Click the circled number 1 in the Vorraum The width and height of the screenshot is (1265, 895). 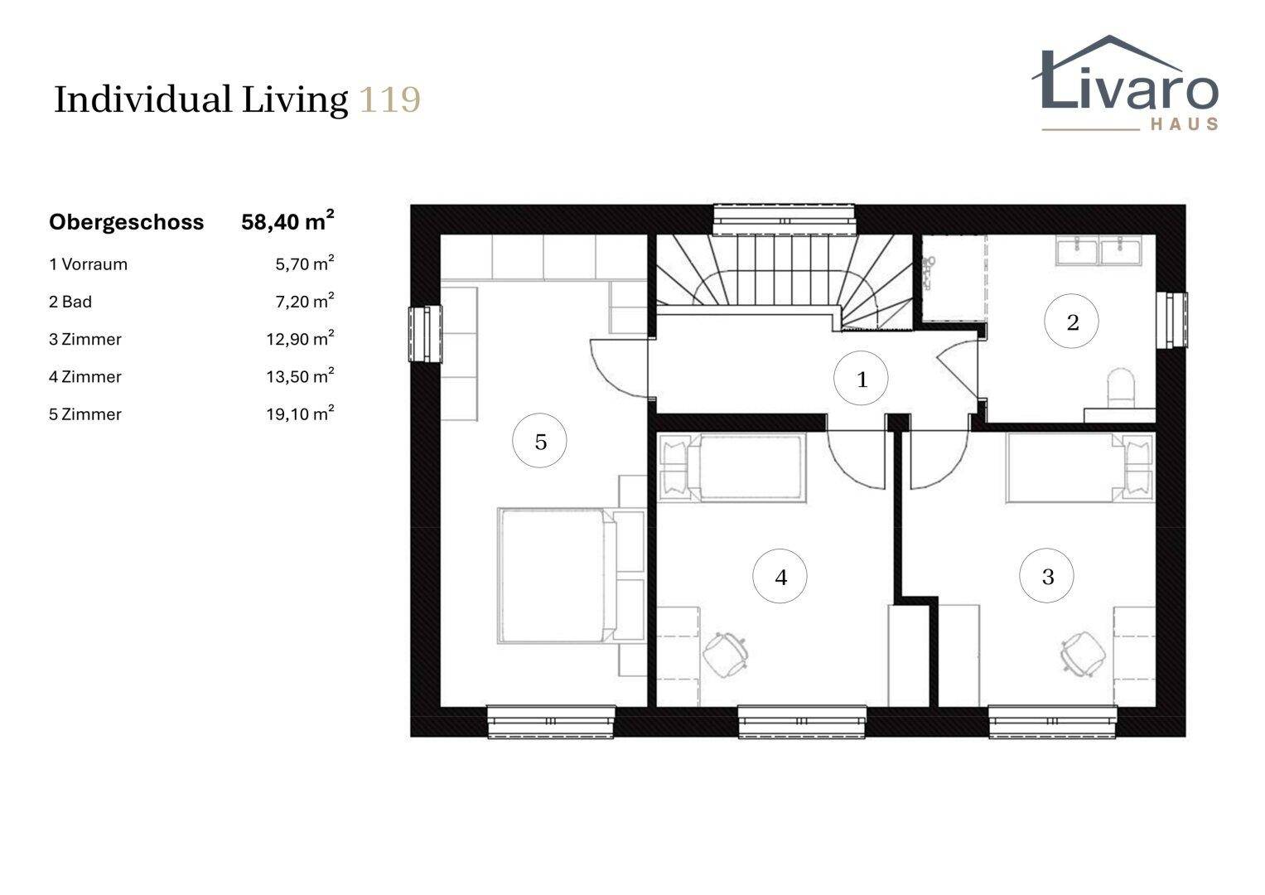coord(861,378)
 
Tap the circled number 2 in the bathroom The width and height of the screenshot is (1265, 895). coord(1071,321)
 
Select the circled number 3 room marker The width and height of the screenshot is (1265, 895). coord(1046,576)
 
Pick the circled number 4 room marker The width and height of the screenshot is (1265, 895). coord(780,576)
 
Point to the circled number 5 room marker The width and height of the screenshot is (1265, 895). coord(539,441)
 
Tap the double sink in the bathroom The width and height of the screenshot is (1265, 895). coord(1099,250)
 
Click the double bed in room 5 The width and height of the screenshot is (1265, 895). coord(571,576)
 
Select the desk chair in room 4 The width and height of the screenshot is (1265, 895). coord(725,655)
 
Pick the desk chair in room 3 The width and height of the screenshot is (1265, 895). coord(1083,654)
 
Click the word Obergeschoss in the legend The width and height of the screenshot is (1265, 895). coord(127,222)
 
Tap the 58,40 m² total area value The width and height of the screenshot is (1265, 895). coord(287,221)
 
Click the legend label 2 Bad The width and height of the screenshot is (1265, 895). coord(70,302)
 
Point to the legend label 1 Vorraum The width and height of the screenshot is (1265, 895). coord(88,264)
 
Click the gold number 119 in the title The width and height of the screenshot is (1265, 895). coord(390,100)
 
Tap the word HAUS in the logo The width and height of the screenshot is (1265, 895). coord(1185,123)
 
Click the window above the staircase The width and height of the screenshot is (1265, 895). coord(785,220)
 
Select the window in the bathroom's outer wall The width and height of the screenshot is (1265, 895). coord(1171,321)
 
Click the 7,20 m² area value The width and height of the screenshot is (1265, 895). coord(304,301)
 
